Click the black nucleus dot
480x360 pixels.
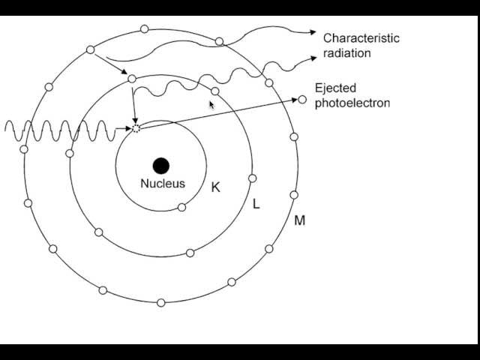pyautogui.click(x=160, y=166)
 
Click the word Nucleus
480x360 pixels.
pyautogui.click(x=162, y=183)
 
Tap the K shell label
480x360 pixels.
pyautogui.click(x=216, y=187)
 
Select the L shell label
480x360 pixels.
pyautogui.click(x=256, y=203)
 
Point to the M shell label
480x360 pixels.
pyautogui.click(x=299, y=220)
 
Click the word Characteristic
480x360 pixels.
pyautogui.click(x=361, y=38)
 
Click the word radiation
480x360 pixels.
pyautogui.click(x=346, y=53)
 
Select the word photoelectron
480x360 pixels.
pyautogui.click(x=352, y=103)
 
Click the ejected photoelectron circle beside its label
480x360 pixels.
pyautogui.click(x=302, y=100)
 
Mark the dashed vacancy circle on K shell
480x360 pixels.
pyautogui.click(x=136, y=129)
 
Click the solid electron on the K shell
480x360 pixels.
pyautogui.click(x=181, y=207)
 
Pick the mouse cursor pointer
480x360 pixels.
pyautogui.click(x=212, y=105)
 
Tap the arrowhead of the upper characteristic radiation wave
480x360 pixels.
pyautogui.click(x=313, y=31)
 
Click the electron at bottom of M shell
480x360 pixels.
pyautogui.click(x=160, y=302)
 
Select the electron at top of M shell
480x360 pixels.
pyautogui.click(x=144, y=30)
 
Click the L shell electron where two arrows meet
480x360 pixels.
pyautogui.click(x=132, y=79)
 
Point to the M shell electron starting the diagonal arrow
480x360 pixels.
pyautogui.click(x=91, y=49)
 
